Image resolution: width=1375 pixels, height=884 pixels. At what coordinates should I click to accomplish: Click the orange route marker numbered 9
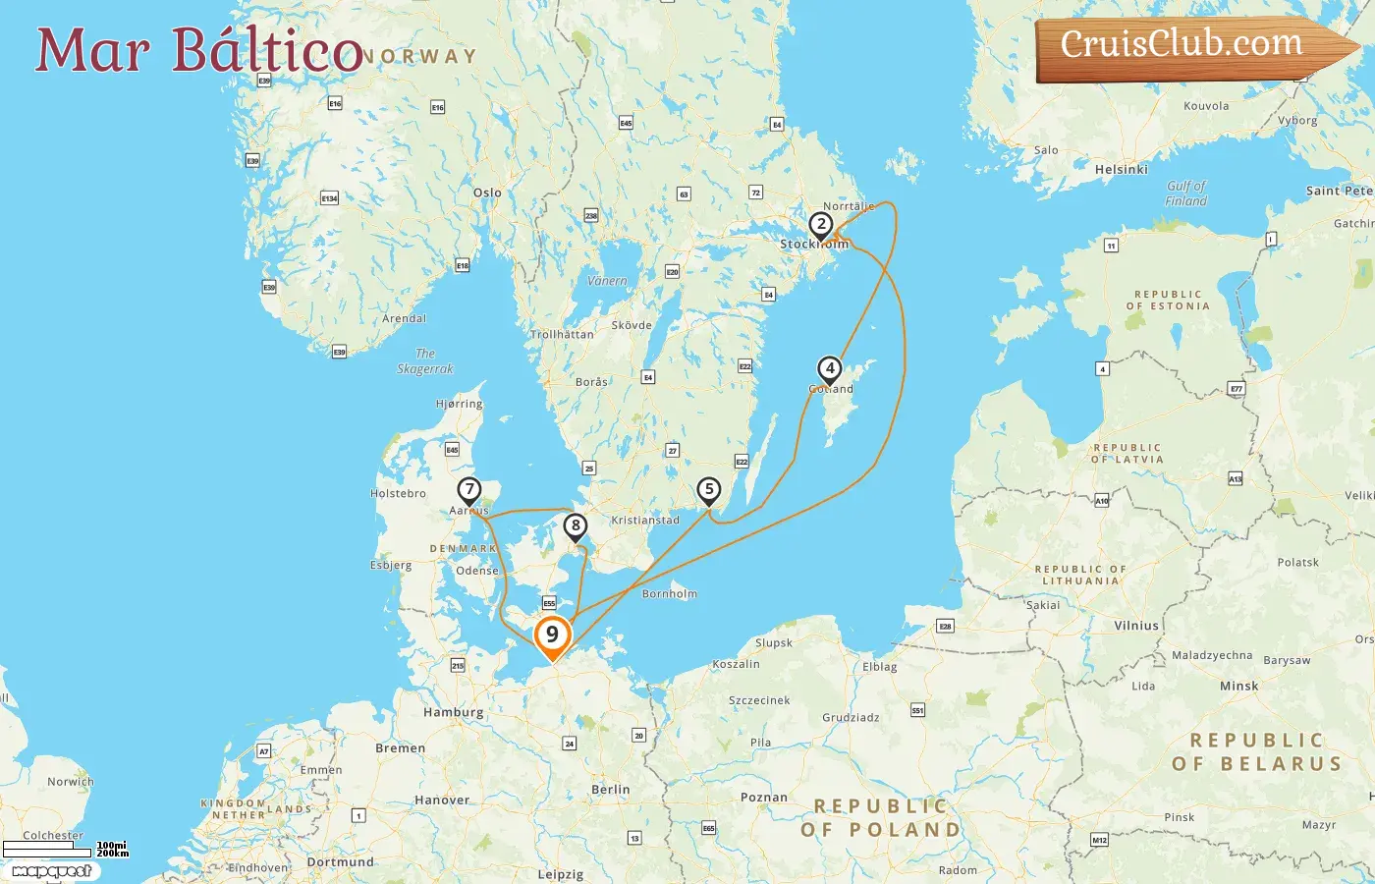(552, 635)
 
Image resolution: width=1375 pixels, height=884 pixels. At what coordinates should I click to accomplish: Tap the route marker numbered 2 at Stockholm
(821, 225)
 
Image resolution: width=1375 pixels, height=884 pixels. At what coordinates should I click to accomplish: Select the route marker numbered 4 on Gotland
(830, 369)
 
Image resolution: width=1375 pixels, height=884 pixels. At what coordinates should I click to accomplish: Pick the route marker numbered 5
(708, 489)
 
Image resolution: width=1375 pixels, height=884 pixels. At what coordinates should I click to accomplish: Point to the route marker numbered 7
(469, 489)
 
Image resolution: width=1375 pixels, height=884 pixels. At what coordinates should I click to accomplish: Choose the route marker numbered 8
(576, 525)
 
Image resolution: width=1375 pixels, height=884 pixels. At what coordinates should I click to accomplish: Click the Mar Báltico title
(199, 50)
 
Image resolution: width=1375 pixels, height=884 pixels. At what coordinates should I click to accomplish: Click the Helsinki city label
(1121, 170)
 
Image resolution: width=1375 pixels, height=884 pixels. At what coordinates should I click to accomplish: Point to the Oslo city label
(487, 193)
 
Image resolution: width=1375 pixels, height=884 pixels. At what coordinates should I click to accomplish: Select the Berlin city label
(610, 790)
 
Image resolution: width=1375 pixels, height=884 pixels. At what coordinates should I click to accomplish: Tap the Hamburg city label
(453, 712)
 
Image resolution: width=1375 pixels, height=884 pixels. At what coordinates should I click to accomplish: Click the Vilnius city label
(1136, 626)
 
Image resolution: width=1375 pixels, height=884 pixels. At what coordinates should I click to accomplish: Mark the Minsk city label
(1238, 686)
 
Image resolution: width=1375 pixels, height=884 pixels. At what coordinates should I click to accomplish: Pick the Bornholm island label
(669, 594)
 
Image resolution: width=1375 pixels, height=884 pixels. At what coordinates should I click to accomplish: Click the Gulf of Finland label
(1185, 193)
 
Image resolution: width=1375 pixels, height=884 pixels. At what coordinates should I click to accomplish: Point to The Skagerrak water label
(425, 361)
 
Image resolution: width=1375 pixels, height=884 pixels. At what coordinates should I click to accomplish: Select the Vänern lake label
(606, 281)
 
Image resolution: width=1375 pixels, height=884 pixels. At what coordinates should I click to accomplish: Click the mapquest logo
(51, 871)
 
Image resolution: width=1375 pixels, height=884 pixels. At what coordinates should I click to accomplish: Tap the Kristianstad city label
(644, 521)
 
